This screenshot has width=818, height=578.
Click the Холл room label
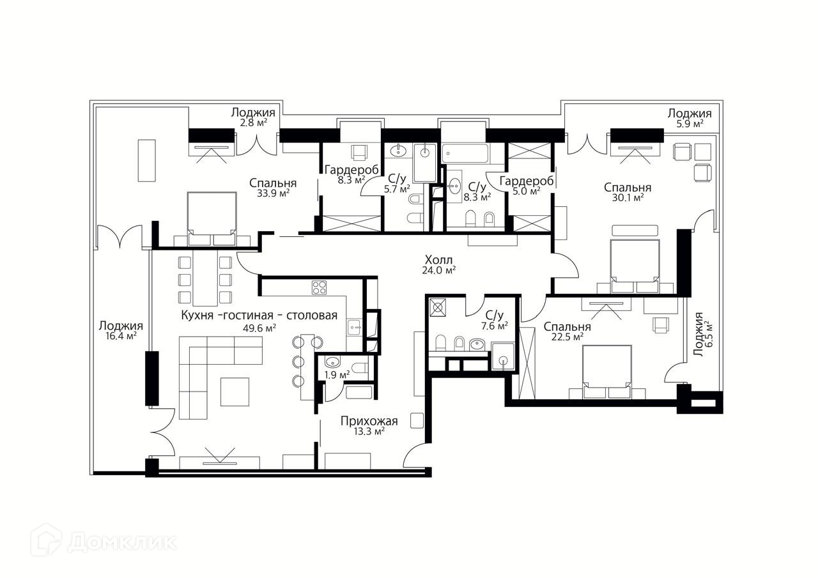439,260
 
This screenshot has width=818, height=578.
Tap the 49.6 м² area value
261,328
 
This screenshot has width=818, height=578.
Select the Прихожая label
369,421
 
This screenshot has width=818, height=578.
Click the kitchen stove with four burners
320,287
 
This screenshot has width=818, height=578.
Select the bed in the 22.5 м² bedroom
606,371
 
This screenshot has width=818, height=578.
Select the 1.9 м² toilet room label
337,375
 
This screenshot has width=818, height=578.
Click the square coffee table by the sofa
235,392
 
